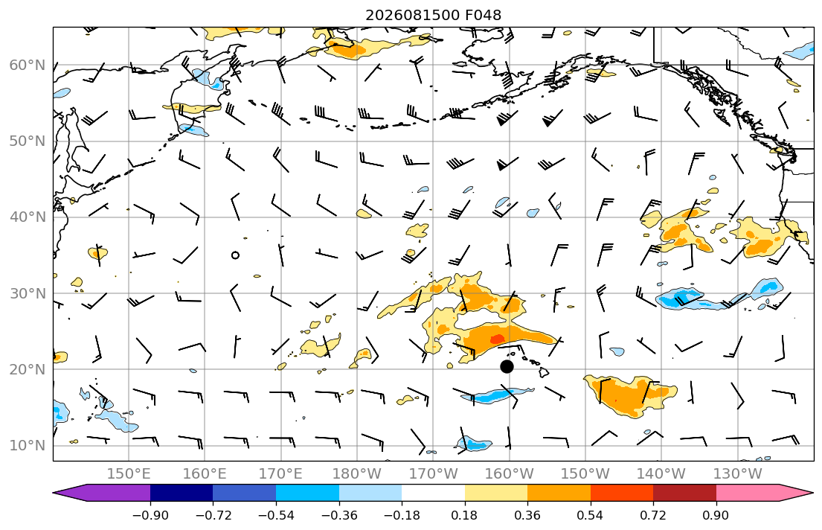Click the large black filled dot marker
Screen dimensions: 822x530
(507, 366)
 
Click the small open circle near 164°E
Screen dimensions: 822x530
(235, 255)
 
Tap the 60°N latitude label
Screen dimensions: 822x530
(28, 65)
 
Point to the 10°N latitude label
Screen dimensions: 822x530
(28, 445)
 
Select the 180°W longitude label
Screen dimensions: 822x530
(357, 474)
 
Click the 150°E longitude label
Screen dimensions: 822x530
(129, 474)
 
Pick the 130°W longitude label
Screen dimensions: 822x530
(738, 474)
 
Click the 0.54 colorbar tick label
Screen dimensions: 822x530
(591, 515)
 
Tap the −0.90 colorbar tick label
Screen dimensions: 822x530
(150, 515)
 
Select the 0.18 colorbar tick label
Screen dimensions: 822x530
(464, 515)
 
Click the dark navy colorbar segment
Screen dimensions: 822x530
(182, 493)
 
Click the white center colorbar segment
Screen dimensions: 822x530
(433, 493)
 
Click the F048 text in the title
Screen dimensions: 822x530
(484, 15)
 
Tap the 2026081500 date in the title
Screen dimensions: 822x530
(413, 15)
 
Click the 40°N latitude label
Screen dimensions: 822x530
(28, 217)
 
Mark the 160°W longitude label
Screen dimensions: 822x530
(509, 474)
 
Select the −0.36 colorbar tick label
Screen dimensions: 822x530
(339, 515)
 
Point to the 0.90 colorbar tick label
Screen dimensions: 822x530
(716, 515)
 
